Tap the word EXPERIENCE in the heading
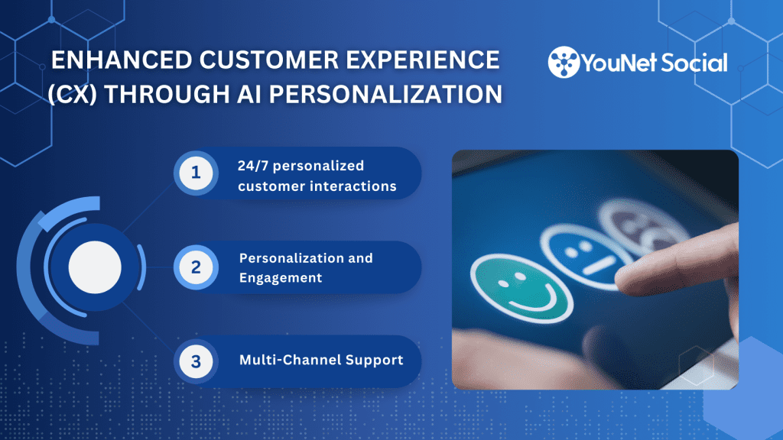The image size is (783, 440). [423, 60]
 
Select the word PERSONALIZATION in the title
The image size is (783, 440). [385, 94]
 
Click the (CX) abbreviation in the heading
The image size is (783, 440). [73, 94]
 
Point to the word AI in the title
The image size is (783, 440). [249, 94]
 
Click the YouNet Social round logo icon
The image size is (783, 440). [564, 62]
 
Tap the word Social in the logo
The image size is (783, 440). [694, 63]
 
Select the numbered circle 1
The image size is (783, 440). [196, 173]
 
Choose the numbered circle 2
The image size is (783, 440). [196, 267]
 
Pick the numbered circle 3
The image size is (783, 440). [196, 361]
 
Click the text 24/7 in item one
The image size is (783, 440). [252, 166]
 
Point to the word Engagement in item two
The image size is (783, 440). [281, 278]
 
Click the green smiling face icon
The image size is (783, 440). [521, 288]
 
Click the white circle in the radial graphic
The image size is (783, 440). [95, 267]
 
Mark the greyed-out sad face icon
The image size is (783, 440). [644, 224]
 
